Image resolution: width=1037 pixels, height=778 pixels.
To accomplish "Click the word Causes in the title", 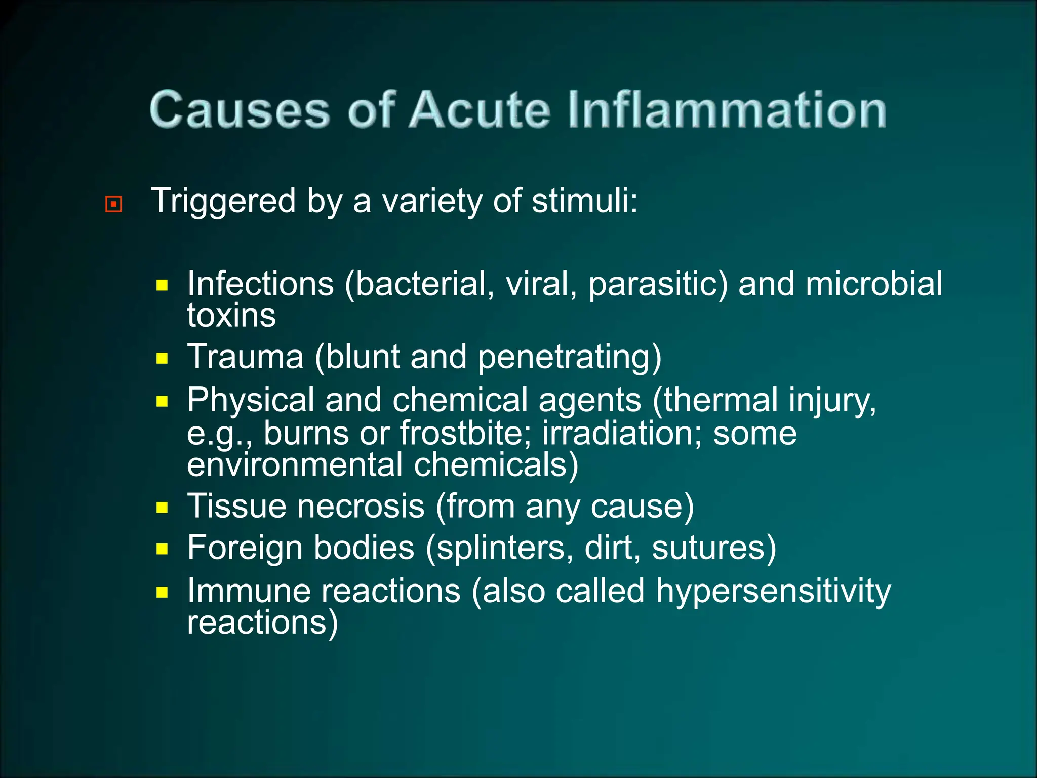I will pos(240,110).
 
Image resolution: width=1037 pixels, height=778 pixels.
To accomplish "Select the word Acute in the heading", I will pos(479,110).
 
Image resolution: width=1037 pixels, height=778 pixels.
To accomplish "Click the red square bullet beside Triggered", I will pos(113,204).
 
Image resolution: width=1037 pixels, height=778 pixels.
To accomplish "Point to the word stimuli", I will pos(584,201).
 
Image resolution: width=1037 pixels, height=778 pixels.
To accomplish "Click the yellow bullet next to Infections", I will pos(162,285).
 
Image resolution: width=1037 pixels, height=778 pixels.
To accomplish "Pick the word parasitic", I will pos(658,284).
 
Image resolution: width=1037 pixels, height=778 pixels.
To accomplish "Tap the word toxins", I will pos(231,316).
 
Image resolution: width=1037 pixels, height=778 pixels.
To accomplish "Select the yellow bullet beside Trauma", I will pos(162,359).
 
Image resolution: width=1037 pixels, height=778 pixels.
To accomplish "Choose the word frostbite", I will pos(465,434).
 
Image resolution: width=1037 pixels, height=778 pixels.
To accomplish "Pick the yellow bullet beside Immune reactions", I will pos(162,592).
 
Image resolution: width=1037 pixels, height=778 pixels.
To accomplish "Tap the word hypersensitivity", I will pos(773,591).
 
